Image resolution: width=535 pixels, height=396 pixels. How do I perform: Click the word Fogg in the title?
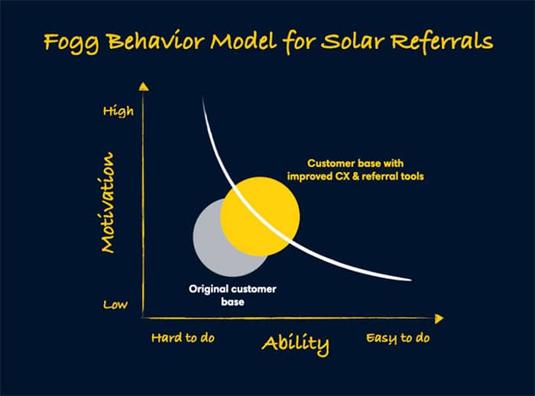(x=71, y=42)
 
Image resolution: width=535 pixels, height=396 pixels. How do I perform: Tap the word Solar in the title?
(x=353, y=41)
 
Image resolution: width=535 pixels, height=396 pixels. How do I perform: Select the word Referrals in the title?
(x=443, y=41)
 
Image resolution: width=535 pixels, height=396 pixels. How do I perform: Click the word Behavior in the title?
(x=156, y=41)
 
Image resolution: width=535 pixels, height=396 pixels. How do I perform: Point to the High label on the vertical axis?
(x=118, y=111)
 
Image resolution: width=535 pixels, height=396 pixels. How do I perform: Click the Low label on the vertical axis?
(x=115, y=304)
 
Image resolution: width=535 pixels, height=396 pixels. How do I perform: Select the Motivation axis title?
(x=108, y=203)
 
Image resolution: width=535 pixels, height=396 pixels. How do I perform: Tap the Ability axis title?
(x=296, y=344)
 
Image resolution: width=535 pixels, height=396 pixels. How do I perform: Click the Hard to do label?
(x=183, y=338)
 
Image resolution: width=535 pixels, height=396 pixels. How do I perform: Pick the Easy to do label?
(x=398, y=339)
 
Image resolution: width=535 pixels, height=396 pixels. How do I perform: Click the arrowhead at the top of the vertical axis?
(x=144, y=86)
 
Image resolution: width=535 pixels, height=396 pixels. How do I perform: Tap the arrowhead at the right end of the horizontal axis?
(x=439, y=319)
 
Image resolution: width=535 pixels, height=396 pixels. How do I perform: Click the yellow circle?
(x=260, y=216)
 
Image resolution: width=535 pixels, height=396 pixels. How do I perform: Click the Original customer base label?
(x=232, y=295)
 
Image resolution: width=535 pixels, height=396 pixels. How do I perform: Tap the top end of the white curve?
(x=203, y=99)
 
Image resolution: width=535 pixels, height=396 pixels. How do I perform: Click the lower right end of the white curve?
(x=410, y=280)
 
